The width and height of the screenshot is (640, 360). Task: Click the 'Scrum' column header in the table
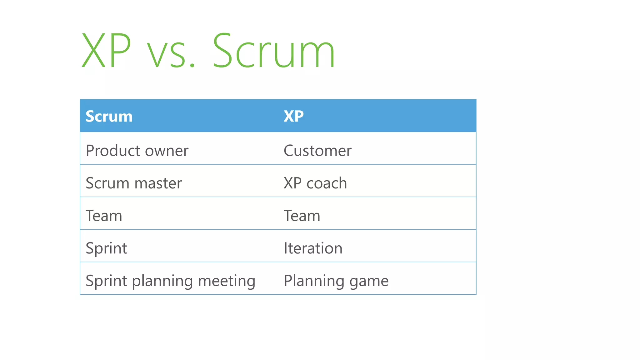109,116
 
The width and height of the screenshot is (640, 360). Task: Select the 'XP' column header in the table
293,116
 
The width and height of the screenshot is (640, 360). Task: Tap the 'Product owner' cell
137,151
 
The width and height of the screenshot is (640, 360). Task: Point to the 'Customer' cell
317,151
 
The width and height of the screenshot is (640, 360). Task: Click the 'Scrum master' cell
134,183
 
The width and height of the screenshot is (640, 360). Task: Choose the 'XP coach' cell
315,183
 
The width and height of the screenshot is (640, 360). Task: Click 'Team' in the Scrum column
104,216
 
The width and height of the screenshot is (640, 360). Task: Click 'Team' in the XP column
302,216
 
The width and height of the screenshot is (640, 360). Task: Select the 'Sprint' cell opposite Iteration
106,248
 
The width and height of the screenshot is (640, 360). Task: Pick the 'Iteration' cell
313,248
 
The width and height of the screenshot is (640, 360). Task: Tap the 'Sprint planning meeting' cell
170,281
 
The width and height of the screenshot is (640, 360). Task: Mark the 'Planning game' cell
336,281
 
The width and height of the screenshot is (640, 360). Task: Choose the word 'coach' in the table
327,183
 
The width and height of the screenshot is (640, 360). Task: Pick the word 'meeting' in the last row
227,281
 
